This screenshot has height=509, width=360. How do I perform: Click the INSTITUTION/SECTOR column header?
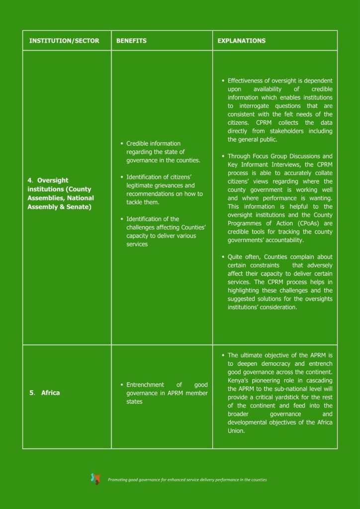click(x=64, y=41)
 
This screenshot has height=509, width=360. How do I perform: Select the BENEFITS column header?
click(x=131, y=41)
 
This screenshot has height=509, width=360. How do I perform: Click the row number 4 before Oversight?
click(x=30, y=180)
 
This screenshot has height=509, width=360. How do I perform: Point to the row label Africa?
click(x=50, y=393)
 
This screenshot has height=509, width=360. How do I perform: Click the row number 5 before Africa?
click(x=31, y=393)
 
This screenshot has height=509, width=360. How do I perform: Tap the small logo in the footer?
click(x=95, y=479)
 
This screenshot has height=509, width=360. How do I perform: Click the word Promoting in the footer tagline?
click(x=118, y=480)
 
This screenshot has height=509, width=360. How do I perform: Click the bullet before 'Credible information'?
click(x=122, y=144)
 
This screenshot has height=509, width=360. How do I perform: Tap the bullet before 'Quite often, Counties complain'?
click(x=223, y=257)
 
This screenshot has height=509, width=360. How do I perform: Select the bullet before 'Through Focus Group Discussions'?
click(x=223, y=156)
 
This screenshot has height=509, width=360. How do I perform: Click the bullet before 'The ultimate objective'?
click(x=223, y=355)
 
